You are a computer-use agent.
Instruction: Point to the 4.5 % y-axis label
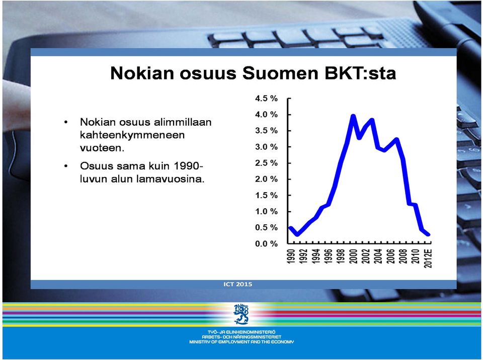pos(267,99)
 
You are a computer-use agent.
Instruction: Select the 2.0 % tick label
pos(267,179)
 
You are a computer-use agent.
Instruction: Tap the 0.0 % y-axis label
pos(267,244)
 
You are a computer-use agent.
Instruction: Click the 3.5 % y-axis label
pos(267,131)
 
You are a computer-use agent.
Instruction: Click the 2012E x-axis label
pos(428,258)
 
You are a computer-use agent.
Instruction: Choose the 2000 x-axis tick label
pos(354,256)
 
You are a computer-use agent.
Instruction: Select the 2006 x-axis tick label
pos(391,256)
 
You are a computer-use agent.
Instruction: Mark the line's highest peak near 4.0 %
pos(353,116)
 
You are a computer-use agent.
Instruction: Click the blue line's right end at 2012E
pos(428,235)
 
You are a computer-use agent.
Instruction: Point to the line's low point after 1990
pos(297,234)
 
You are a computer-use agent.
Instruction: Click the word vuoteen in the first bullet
pos(102,148)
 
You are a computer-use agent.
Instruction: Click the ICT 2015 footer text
pos(238,284)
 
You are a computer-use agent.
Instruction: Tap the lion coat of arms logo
pos(241,314)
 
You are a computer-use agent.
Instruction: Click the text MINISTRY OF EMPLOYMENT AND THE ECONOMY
pos(242,342)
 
